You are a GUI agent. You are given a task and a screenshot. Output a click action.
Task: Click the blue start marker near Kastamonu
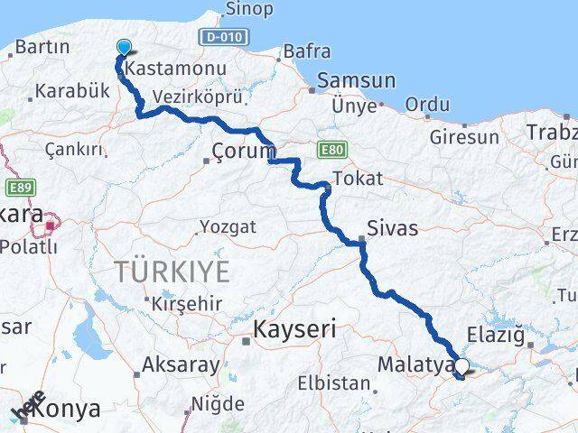click(x=123, y=49)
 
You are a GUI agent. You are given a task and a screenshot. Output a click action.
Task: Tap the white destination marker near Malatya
click(x=462, y=366)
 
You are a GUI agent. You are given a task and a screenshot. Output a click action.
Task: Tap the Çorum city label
click(x=242, y=150)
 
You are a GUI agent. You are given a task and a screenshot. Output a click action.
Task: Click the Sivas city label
click(x=393, y=228)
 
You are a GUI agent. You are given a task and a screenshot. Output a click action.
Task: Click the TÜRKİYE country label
click(x=172, y=270)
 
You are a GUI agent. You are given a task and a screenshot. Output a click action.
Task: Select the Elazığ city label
click(x=494, y=336)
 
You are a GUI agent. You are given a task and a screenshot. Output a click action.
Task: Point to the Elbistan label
click(x=340, y=383)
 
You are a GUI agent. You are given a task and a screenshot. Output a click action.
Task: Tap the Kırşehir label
click(x=187, y=303)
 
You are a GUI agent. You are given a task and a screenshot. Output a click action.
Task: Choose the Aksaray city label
click(x=182, y=365)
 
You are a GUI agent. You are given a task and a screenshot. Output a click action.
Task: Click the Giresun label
click(x=464, y=137)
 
